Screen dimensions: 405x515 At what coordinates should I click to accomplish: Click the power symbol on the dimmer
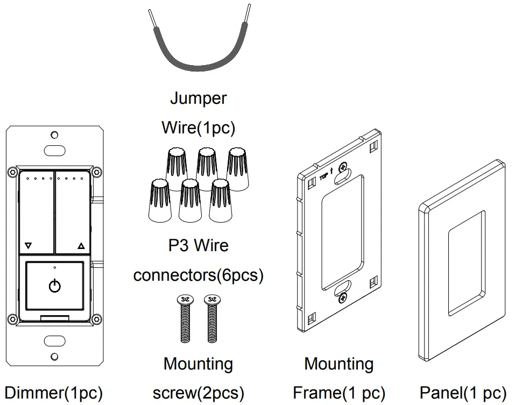54,286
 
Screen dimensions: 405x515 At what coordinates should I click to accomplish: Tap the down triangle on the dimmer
29,246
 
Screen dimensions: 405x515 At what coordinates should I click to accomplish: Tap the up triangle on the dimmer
81,246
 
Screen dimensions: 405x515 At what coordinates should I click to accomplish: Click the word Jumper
198,99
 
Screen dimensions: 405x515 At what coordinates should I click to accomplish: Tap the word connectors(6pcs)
198,275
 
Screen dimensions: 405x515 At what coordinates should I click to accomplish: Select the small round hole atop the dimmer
54,134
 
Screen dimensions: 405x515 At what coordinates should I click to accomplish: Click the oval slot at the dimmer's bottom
54,340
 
